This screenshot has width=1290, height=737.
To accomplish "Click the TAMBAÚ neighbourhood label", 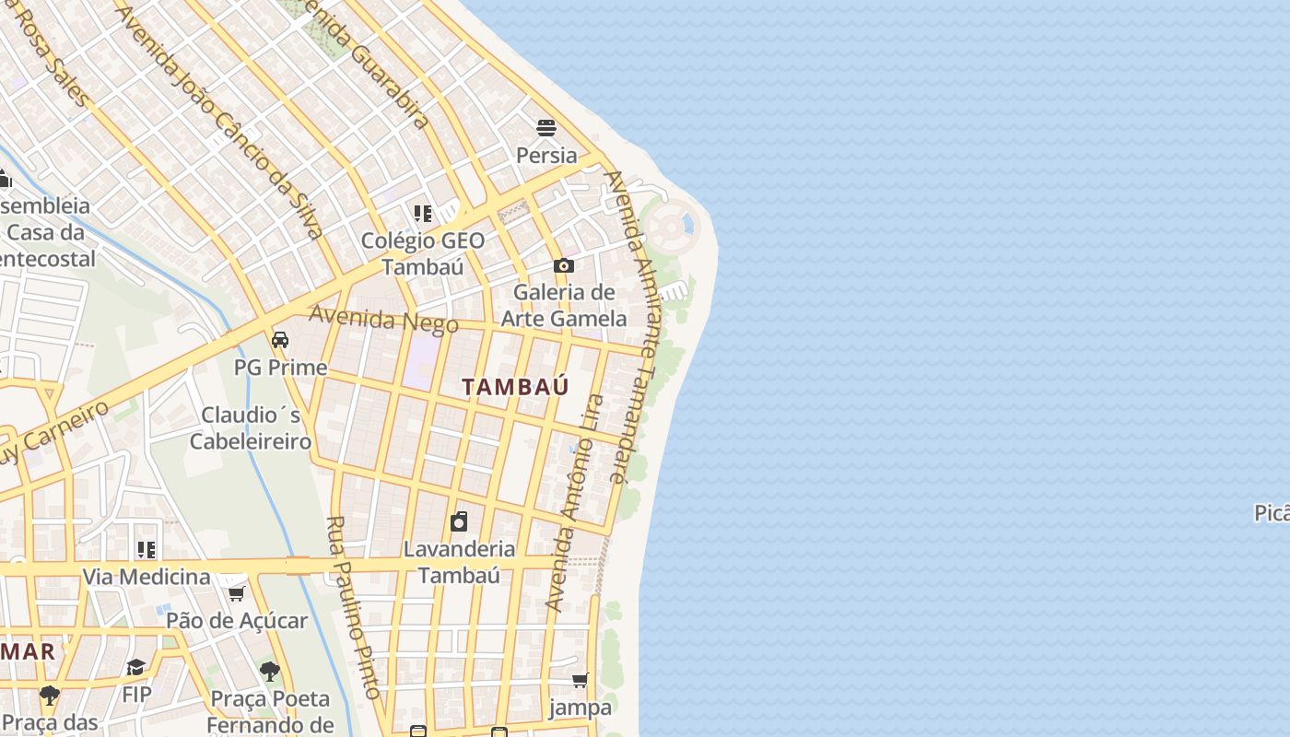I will [515, 387].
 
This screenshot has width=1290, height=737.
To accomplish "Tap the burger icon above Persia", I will [546, 127].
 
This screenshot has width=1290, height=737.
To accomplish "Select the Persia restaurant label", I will [546, 155].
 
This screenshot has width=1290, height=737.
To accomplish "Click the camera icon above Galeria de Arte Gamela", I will [564, 266].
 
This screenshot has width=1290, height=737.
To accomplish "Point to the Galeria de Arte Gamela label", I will [564, 306].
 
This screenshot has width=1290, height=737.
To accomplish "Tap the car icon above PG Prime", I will [280, 340].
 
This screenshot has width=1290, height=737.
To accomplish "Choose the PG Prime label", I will [280, 368].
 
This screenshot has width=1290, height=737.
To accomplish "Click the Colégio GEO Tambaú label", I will [422, 253].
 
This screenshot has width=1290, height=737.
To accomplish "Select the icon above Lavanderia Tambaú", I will [459, 521].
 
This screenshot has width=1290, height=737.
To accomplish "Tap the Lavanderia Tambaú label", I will [459, 562].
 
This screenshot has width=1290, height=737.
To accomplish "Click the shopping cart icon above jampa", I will [580, 681].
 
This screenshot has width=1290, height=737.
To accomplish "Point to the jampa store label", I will [580, 708].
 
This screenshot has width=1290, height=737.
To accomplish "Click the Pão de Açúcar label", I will [237, 620].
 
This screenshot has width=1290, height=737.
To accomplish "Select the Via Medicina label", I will [147, 577].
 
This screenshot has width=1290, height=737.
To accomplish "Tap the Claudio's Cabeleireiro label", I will [251, 428].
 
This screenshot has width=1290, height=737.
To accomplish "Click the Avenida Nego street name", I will [383, 319].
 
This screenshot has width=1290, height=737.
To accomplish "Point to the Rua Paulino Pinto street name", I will [354, 608].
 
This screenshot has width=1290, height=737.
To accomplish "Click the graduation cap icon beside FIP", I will [135, 667].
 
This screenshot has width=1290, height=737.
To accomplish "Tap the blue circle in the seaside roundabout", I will [686, 224].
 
